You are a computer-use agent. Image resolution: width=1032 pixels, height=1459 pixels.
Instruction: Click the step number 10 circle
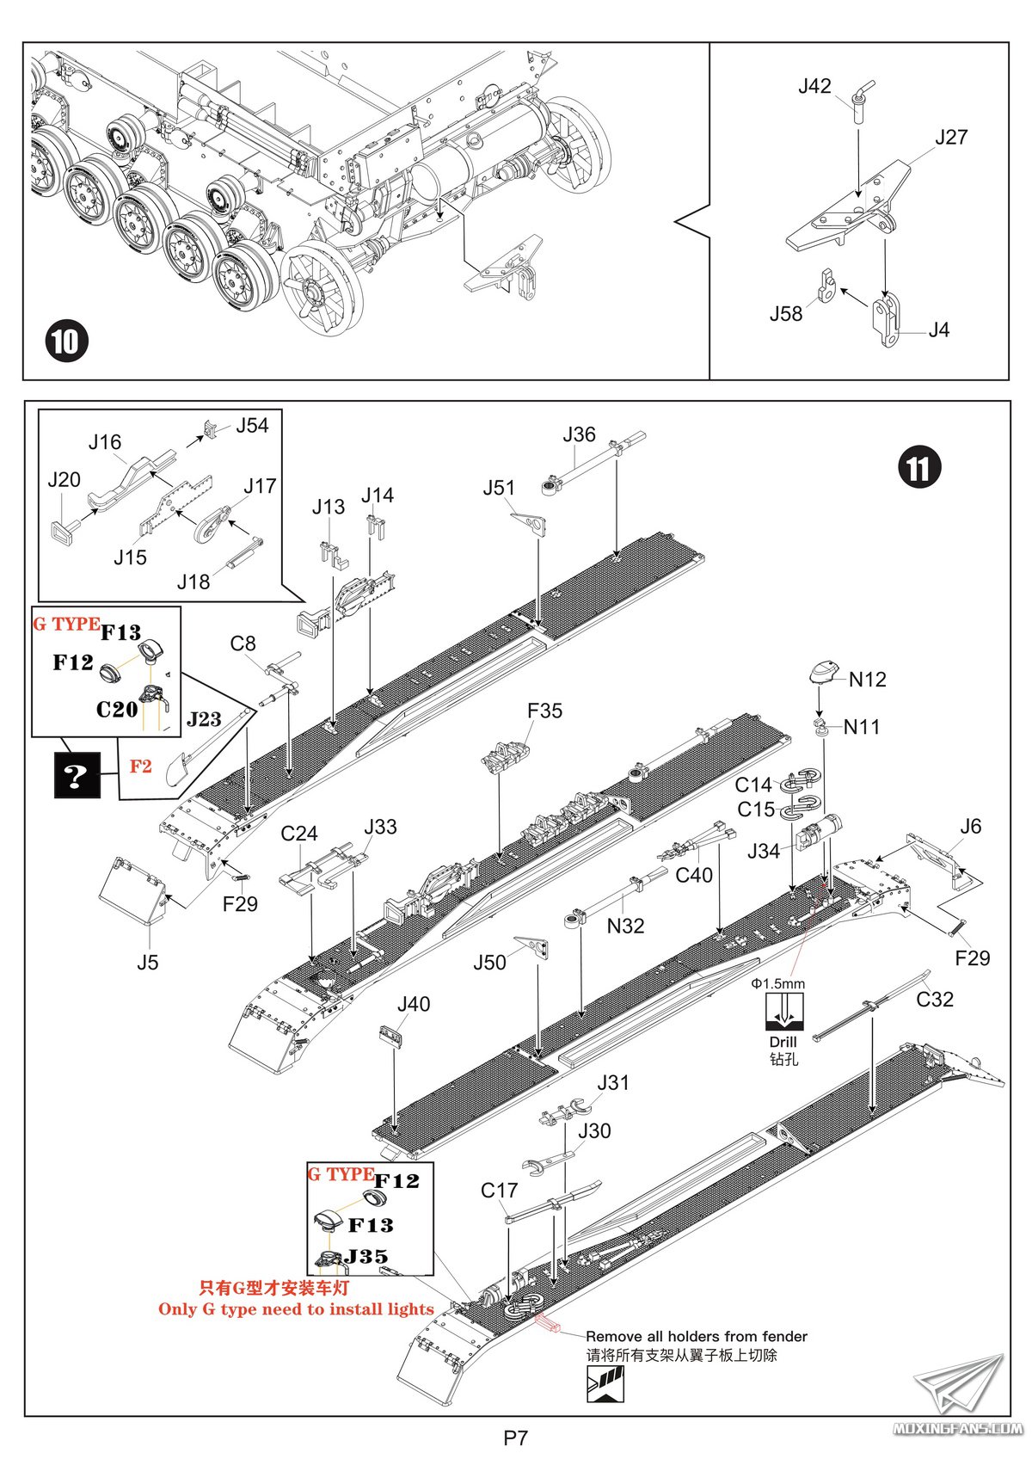66,342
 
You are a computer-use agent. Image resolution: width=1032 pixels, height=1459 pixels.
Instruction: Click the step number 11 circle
919,469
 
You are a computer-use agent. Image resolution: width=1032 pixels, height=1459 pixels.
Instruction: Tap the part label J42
814,86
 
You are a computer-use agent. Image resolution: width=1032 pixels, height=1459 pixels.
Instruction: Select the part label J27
951,138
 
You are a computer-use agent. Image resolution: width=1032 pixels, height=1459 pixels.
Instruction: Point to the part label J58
786,314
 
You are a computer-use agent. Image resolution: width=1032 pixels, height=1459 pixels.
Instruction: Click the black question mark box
77,775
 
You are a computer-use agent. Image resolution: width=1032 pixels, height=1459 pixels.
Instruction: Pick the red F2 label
140,766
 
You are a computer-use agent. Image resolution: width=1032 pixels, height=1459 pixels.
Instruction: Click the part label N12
867,680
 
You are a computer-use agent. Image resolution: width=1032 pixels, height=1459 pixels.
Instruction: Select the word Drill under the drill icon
783,1042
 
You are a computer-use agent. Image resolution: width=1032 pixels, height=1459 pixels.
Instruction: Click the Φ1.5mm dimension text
777,983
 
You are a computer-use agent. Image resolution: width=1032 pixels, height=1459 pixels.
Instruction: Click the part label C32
935,1000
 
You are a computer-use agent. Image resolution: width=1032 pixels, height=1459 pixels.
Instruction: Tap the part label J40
414,1005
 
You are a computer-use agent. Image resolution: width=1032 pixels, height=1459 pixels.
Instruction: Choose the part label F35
544,711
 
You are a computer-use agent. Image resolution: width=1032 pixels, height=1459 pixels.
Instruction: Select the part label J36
579,435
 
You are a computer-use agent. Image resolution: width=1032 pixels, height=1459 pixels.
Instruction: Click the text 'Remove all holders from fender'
697,1337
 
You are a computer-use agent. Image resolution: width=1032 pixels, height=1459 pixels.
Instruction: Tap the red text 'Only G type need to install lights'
296,1309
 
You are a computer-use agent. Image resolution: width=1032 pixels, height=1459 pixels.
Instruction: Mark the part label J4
938,330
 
